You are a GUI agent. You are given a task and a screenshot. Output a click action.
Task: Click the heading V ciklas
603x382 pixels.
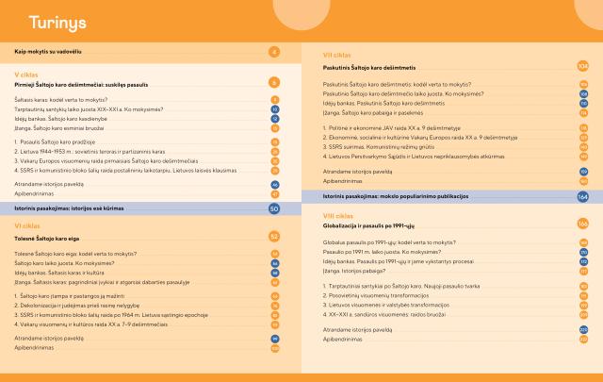[27, 73]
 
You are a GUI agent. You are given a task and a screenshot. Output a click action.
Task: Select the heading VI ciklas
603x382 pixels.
[29, 226]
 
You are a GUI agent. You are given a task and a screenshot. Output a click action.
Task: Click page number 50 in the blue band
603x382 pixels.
[274, 208]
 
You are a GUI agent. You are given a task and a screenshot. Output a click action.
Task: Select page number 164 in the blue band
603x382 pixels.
[582, 196]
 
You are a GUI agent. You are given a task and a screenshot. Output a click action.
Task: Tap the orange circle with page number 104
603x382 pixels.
[583, 67]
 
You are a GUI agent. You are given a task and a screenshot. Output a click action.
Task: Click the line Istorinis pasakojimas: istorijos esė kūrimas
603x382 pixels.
[78, 208]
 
